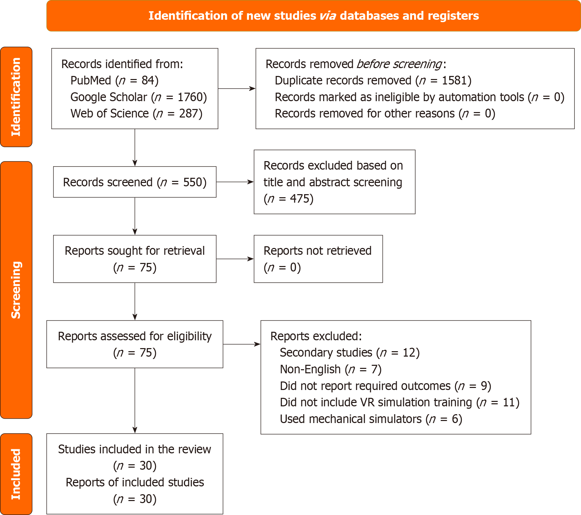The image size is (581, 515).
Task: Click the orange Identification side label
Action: pyautogui.click(x=16, y=97)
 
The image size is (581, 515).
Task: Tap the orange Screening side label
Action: pyautogui.click(x=16, y=290)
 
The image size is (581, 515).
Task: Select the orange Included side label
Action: pyautogui.click(x=16, y=474)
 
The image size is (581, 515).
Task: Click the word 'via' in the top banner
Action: pyautogui.click(x=328, y=16)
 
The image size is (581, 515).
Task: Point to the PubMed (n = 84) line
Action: pyautogui.click(x=114, y=80)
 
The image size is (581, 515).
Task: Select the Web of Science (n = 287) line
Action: pyautogui.click(x=136, y=113)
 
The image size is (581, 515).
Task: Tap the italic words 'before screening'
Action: pyautogui.click(x=399, y=64)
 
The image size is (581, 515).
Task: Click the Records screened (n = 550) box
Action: pyautogui.click(x=135, y=182)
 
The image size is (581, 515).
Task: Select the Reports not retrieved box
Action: pyautogui.click(x=318, y=259)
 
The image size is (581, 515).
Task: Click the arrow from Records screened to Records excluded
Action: pyautogui.click(x=235, y=182)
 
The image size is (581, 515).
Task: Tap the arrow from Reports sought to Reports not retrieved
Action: pyautogui.click(x=235, y=259)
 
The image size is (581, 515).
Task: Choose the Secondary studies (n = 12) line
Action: pyautogui.click(x=349, y=353)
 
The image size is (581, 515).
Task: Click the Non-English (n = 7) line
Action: pyautogui.click(x=330, y=369)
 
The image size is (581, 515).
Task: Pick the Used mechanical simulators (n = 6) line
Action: pyautogui.click(x=371, y=419)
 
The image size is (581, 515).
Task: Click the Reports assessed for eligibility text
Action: pyautogui.click(x=135, y=336)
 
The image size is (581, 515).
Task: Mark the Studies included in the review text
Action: pyautogui.click(x=135, y=449)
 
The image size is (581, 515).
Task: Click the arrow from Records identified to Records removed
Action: pyautogui.click(x=237, y=89)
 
